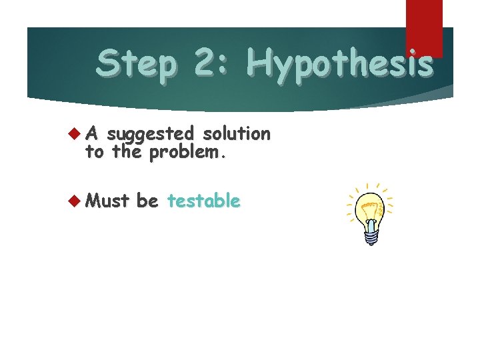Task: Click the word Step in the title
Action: [x=137, y=65]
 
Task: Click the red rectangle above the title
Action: [x=424, y=27]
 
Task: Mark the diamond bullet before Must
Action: [x=73, y=200]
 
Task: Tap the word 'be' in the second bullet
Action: [x=147, y=200]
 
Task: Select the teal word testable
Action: [x=203, y=200]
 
